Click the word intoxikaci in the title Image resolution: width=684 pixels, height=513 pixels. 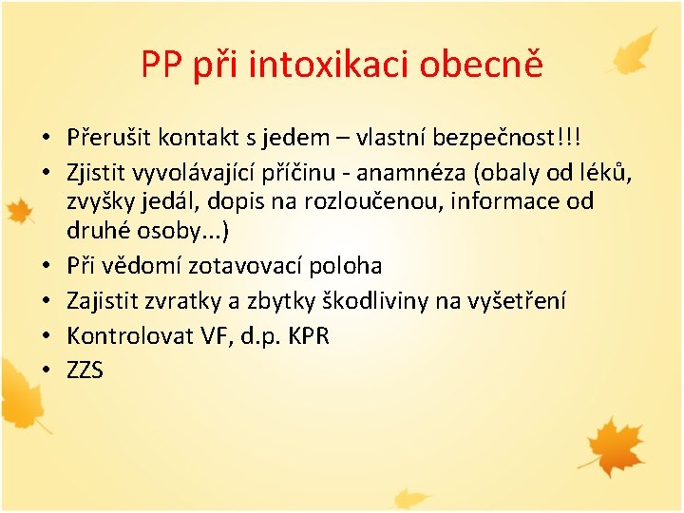[x=330, y=64]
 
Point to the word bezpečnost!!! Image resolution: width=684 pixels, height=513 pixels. [x=510, y=138]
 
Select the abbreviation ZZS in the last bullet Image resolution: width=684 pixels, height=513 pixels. [x=85, y=370]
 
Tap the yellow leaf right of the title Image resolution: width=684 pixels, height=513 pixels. [x=636, y=52]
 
